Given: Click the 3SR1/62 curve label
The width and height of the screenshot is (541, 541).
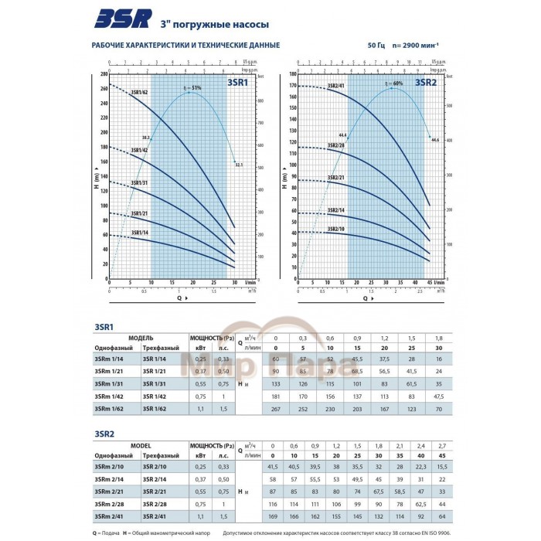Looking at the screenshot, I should [x=140, y=94].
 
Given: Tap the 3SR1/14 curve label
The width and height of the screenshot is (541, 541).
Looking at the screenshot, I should [x=140, y=232].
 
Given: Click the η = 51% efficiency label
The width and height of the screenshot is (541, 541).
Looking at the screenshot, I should [x=192, y=88].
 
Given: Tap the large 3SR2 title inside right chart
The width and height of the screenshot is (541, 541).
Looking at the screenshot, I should [x=427, y=81].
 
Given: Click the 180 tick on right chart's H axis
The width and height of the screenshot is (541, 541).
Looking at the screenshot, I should [x=294, y=74].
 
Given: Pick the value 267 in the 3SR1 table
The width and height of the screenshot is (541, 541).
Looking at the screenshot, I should [x=275, y=407].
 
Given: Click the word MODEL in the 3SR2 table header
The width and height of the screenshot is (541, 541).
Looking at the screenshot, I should [x=141, y=446].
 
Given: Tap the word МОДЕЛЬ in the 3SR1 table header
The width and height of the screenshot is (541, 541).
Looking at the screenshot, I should [x=141, y=339].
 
